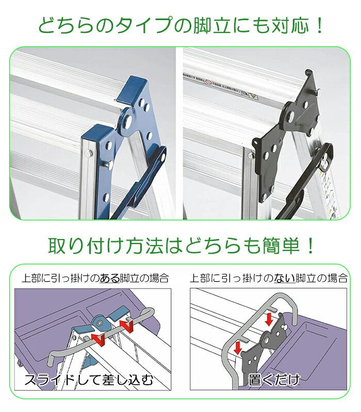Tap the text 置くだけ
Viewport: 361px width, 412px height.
click(274, 381)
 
